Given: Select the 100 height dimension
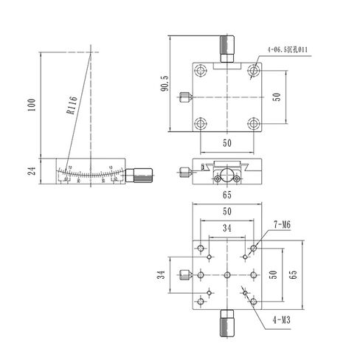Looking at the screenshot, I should click(30, 105).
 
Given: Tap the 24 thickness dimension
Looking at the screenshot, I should click(30, 170).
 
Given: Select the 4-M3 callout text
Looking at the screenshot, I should click(280, 319).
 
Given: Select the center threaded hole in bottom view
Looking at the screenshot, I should click(226, 274).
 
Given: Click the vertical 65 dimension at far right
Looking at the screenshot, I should click(293, 274).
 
